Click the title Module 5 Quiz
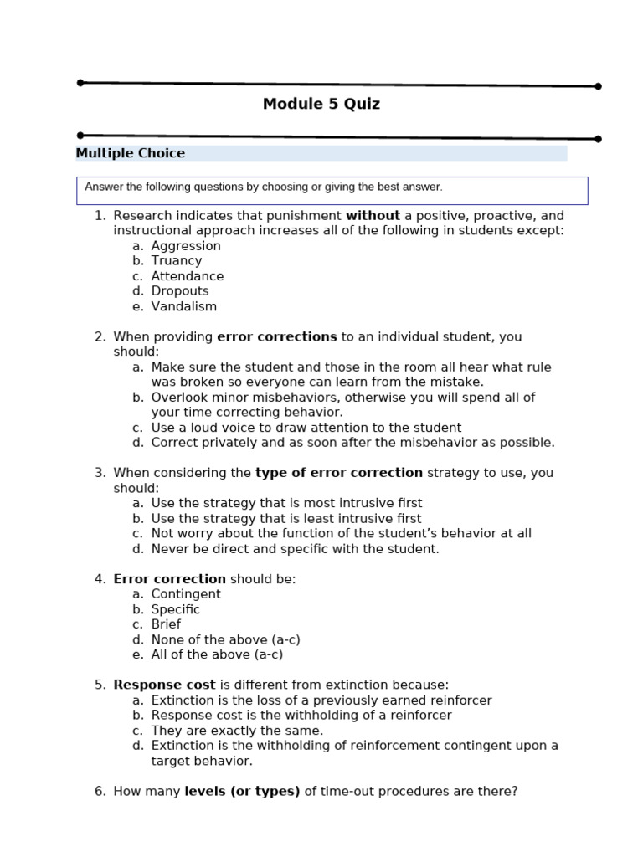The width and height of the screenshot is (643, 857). (321, 105)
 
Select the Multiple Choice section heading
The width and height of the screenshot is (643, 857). (131, 153)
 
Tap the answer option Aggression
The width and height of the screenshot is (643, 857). (186, 246)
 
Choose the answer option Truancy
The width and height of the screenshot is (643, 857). (177, 261)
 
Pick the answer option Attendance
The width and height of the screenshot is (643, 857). (188, 276)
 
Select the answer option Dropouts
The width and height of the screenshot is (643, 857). (180, 291)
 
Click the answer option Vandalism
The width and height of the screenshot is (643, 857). (184, 306)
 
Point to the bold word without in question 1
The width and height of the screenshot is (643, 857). (373, 216)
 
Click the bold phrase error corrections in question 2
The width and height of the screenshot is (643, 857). (276, 337)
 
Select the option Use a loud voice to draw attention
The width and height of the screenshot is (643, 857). (306, 428)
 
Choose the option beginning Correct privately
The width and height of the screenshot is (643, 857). (352, 443)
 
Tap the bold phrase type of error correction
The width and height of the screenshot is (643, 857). (339, 473)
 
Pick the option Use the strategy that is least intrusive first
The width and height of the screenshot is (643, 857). (286, 519)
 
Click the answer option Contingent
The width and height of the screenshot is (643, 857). (186, 594)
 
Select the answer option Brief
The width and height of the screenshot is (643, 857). (166, 624)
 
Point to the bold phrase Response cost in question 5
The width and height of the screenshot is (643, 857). (164, 685)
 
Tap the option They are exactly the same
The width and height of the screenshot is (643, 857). (237, 731)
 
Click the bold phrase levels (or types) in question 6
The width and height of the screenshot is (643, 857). (242, 791)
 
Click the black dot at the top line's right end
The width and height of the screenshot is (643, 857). (598, 86)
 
